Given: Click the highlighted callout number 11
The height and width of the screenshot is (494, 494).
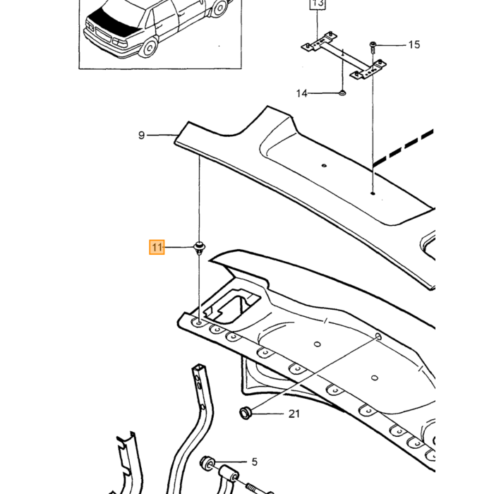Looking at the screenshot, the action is coord(157,247).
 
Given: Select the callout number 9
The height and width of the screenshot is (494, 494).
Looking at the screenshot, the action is coord(141,135).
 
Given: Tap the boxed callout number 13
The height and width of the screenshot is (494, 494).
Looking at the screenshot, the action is coord(318,4).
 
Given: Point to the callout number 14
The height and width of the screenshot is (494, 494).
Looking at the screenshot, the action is coord(301,93).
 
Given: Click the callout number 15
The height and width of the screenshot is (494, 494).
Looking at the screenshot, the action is coord(414,44).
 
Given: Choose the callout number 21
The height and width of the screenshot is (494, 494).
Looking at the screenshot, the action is coord(294,414).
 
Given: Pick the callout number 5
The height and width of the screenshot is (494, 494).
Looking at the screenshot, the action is coord(255,462).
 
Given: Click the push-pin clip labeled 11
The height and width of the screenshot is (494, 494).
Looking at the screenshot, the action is coord(199,248).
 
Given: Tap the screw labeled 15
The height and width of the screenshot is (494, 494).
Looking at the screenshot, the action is coord(373,47).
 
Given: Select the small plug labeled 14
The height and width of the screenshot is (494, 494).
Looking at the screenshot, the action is coord(342,92).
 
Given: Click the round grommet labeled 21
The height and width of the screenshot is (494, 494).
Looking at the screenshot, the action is coord(245,413).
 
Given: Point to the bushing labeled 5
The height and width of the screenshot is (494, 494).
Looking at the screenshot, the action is coord(207,463).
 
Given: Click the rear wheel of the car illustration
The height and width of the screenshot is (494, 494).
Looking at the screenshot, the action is coord(150,47).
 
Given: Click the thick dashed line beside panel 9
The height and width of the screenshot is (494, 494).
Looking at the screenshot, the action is coord(403,147).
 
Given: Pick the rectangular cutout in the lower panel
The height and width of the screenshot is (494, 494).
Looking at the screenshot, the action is coord(232,306).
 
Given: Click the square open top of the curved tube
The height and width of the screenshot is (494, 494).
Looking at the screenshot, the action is coord(199,367).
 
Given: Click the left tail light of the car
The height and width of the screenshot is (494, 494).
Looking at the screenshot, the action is coord(90,25).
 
